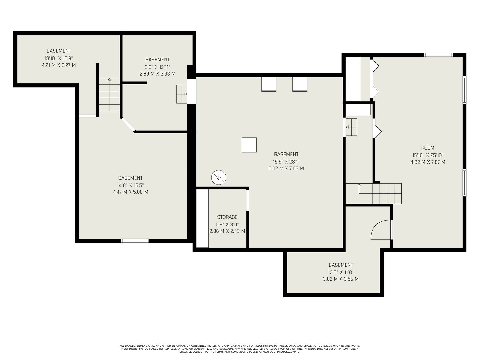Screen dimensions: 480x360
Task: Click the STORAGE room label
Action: point(227,217)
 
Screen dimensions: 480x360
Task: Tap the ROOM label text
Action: point(428,148)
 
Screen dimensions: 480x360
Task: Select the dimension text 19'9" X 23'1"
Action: point(286,161)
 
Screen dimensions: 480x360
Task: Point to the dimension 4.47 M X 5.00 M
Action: point(130,192)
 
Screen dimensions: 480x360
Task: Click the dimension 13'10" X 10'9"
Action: point(58,58)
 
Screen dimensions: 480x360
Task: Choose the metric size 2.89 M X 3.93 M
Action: point(157,74)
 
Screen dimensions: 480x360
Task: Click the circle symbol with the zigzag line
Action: point(219,178)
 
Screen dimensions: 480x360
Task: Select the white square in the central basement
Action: point(249,145)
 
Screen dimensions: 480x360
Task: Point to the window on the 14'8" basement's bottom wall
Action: point(134,241)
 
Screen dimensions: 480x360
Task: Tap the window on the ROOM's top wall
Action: point(438,55)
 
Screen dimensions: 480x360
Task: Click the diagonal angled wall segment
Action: point(128,125)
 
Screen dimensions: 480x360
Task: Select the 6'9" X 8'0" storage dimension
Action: point(227,224)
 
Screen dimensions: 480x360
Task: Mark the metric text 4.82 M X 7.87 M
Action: point(428,162)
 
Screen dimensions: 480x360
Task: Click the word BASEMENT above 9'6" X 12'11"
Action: point(157,60)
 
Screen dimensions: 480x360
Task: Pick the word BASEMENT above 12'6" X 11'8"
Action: point(341,265)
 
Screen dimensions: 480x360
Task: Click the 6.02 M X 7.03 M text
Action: point(286,168)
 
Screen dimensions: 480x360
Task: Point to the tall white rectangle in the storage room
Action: point(203,218)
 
